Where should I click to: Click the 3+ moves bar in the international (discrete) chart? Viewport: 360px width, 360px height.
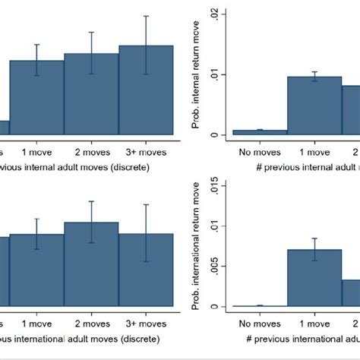145,270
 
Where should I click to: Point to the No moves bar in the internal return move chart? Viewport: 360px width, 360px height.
260,132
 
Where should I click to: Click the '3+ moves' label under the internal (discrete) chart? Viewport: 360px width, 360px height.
145,152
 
